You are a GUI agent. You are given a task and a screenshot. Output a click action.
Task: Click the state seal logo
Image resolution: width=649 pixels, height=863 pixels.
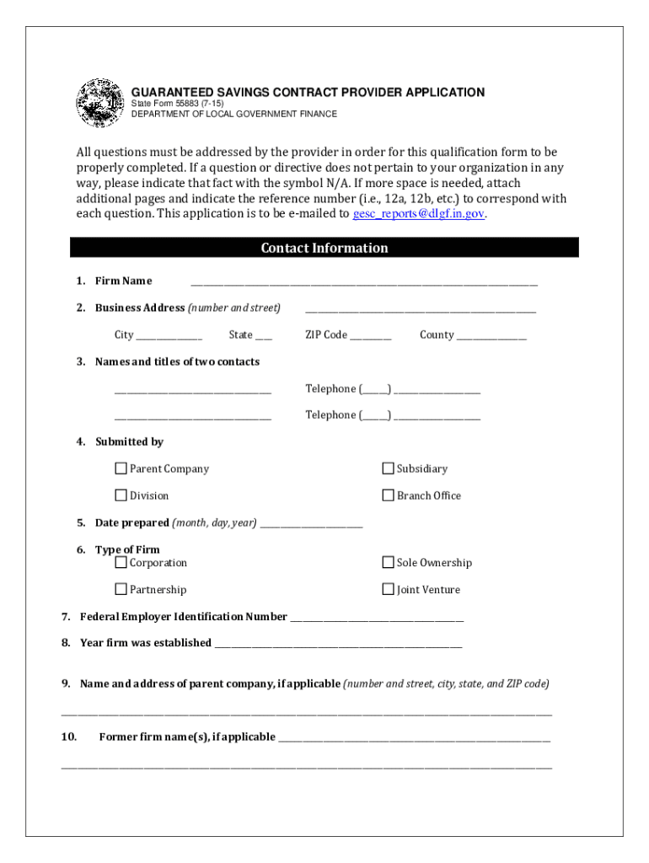coord(99,103)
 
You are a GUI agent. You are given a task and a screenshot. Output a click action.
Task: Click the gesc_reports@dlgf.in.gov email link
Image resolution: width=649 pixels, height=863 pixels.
coord(419,214)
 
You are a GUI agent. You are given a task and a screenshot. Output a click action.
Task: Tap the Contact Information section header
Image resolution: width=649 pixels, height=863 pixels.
coord(324,248)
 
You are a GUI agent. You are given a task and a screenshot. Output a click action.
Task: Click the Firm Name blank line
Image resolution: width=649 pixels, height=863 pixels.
coord(363,282)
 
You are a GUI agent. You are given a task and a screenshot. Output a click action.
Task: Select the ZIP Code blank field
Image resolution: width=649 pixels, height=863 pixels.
coord(371,336)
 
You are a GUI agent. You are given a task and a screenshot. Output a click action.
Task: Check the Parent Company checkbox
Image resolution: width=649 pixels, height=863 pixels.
coord(121,469)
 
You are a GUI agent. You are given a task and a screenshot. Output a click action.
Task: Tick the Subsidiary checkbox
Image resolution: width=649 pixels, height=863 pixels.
coord(389,469)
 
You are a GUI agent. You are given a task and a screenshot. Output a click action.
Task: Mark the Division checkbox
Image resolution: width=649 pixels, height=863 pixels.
coord(121,496)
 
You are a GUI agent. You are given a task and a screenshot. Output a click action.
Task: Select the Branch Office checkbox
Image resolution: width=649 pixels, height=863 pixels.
coord(389,496)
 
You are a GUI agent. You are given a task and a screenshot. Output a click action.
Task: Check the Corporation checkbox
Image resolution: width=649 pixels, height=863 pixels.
coord(121,562)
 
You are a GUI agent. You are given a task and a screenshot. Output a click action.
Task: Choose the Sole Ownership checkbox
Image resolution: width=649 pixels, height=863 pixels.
coord(389,562)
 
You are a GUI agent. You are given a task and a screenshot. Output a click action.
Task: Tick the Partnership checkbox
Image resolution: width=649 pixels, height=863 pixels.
coord(121,589)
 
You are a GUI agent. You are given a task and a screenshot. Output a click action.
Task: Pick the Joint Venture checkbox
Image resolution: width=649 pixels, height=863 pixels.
coord(389,589)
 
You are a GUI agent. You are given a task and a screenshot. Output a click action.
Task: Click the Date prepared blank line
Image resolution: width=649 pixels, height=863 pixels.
coord(311,524)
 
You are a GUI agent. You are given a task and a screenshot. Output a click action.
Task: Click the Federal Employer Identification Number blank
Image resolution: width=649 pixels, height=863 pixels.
coord(377,619)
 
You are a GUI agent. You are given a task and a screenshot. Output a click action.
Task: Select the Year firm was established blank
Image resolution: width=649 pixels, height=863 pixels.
coord(338,644)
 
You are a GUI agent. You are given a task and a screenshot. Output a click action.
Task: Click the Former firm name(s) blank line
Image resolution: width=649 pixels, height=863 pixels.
coord(414,738)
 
